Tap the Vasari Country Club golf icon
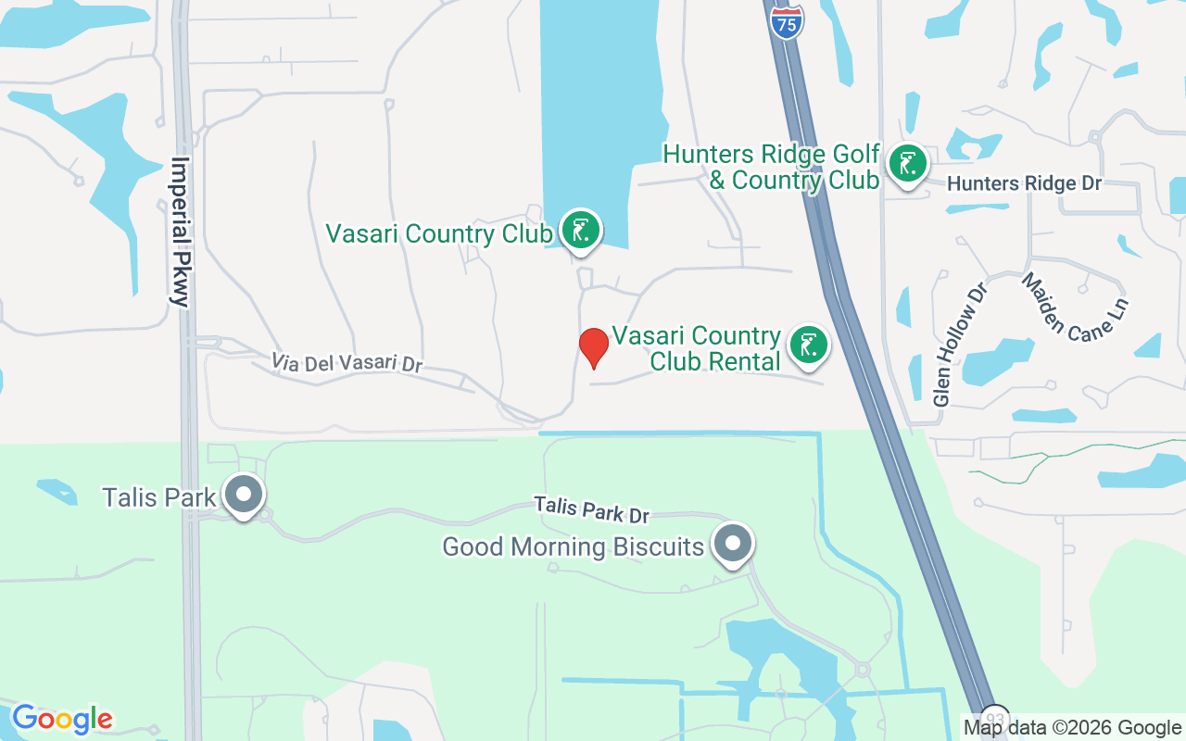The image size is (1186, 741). click(x=581, y=231)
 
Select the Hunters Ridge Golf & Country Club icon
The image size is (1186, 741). click(x=908, y=165)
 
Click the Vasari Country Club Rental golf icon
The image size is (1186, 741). click(x=809, y=345)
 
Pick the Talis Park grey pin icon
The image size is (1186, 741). click(x=244, y=495)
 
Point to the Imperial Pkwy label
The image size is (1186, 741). click(x=180, y=232)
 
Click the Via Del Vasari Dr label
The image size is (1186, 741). click(x=347, y=362)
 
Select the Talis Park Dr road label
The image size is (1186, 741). click(x=591, y=509)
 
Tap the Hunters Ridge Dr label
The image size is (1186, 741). click(x=1024, y=184)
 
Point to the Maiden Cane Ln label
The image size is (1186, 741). click(x=1075, y=307)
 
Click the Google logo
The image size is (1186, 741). click(x=62, y=719)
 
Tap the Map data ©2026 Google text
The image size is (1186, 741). click(x=1072, y=728)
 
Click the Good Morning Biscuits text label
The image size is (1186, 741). click(x=573, y=546)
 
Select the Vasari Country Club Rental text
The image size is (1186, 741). click(x=697, y=348)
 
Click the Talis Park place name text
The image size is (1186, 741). click(x=159, y=497)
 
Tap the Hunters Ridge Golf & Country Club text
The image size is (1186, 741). click(x=771, y=167)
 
